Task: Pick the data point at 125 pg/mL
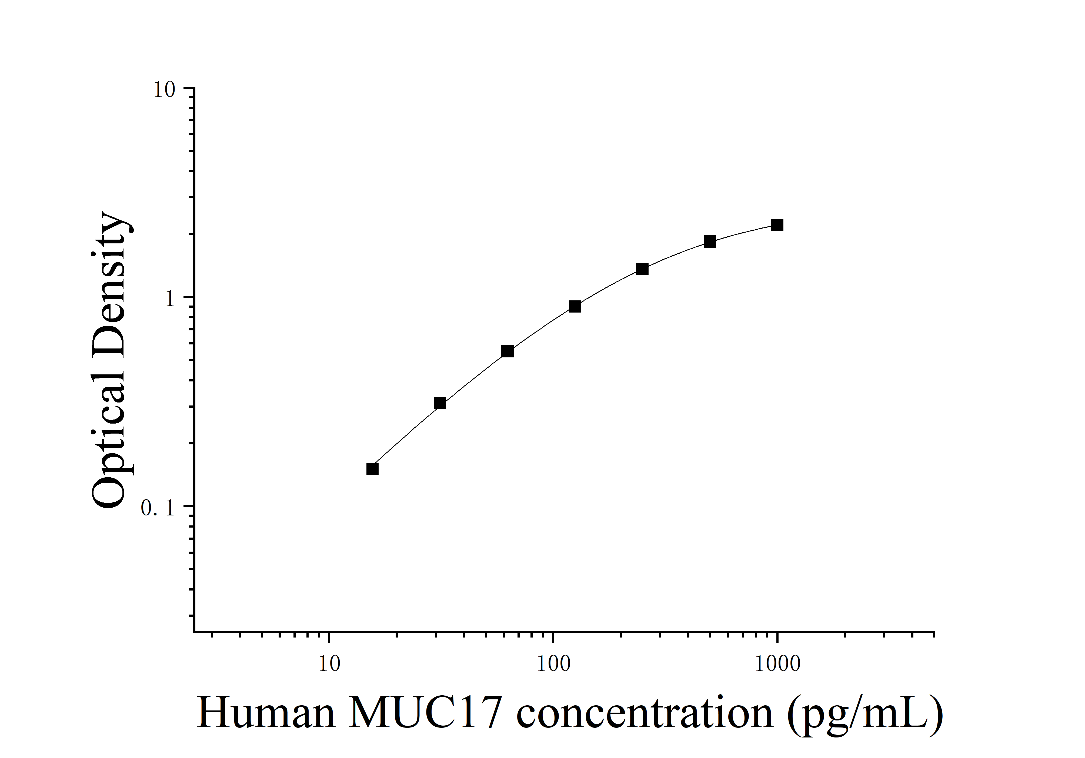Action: point(575,307)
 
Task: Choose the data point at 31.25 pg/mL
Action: point(440,403)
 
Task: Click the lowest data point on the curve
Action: point(372,469)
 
